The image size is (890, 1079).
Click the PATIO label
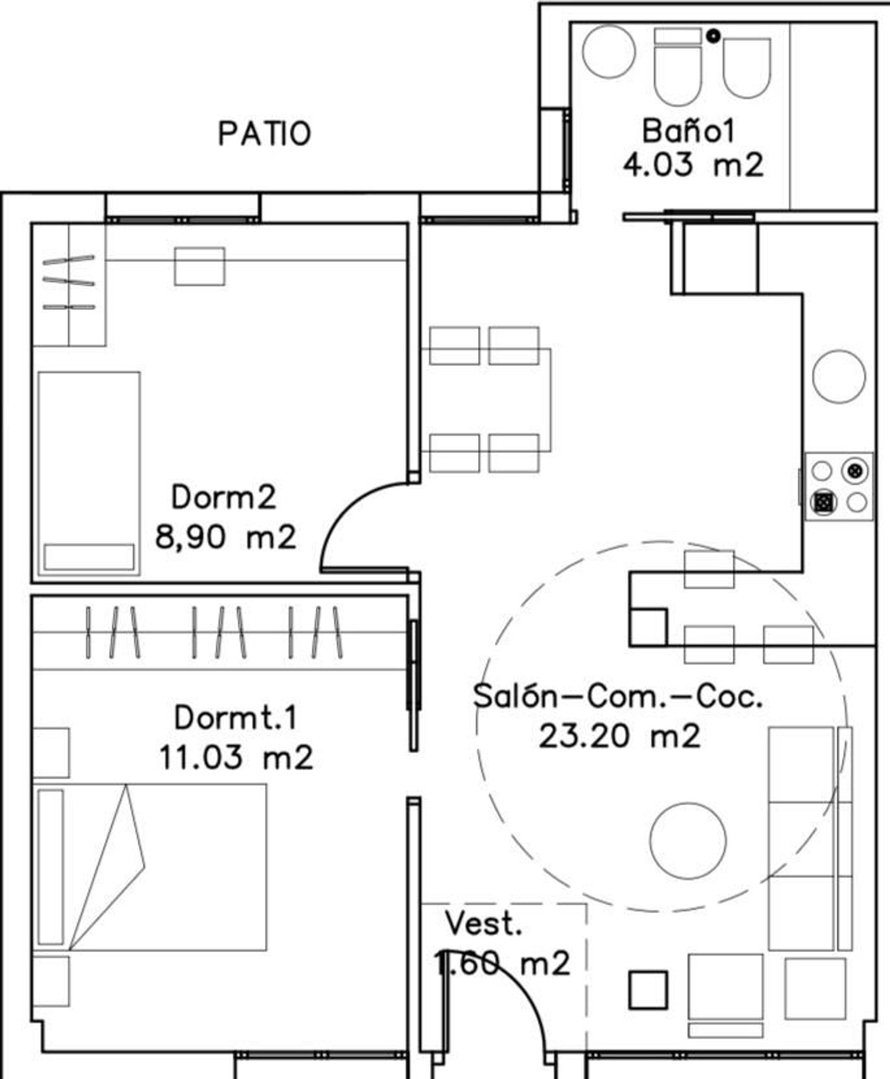[265, 134]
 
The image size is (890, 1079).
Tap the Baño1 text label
[688, 131]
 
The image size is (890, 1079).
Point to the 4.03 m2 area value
[693, 165]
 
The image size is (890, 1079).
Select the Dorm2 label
[224, 497]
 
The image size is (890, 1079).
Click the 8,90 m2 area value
[225, 537]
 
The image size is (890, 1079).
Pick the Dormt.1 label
[236, 718]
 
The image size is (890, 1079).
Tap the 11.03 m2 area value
[236, 757]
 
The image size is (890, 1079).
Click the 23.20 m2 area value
[619, 736]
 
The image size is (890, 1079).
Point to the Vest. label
[484, 924]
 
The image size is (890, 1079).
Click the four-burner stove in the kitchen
[839, 487]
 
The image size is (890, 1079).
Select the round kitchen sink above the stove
[839, 376]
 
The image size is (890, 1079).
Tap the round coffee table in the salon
[688, 841]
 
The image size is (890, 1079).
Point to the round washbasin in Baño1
[609, 51]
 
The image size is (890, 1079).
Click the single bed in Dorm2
[89, 474]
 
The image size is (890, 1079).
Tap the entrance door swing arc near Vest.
[522, 1003]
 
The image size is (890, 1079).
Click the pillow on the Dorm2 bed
[89, 557]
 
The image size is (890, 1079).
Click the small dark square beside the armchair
[649, 990]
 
